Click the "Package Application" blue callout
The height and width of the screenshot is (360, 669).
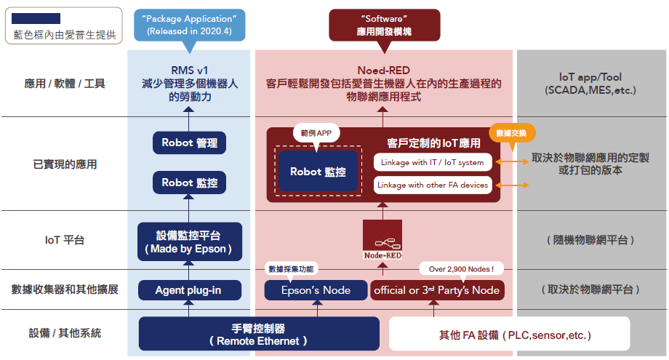click(x=188, y=25)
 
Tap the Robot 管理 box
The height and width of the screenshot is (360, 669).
click(x=189, y=143)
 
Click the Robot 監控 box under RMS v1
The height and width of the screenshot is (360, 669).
click(x=189, y=183)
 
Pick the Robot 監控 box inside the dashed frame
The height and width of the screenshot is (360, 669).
click(x=318, y=172)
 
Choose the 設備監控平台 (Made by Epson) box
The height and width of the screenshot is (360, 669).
click(x=189, y=242)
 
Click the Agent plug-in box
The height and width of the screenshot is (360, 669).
click(x=189, y=290)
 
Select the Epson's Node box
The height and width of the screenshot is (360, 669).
click(x=316, y=290)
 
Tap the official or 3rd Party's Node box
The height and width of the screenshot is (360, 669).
click(x=436, y=290)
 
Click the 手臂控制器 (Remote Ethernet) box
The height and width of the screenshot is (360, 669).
click(x=258, y=334)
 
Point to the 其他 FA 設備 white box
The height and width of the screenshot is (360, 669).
click(x=509, y=335)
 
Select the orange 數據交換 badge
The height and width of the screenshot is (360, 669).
click(x=512, y=133)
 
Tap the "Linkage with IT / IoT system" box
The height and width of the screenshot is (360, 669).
click(x=433, y=162)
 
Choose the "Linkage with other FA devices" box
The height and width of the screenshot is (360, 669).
click(x=433, y=185)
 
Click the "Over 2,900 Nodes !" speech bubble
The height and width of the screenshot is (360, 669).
click(x=461, y=269)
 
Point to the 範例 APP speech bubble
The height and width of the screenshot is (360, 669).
click(x=317, y=134)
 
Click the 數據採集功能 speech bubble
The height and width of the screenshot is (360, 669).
click(x=291, y=269)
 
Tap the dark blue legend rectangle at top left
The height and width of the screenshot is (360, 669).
click(x=36, y=18)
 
